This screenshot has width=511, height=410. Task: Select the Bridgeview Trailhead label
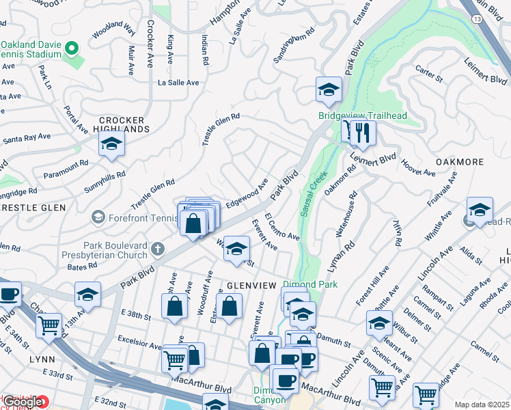[x=362, y=115]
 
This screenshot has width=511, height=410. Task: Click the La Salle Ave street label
[x=178, y=82]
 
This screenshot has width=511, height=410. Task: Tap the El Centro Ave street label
[x=282, y=227]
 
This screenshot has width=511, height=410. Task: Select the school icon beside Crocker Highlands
[x=111, y=144]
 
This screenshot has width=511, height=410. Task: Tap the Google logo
[x=23, y=401]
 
